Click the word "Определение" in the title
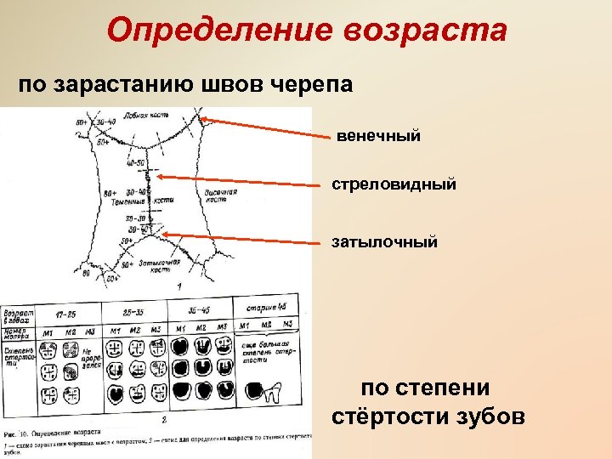[x=224, y=31]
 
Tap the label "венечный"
[x=378, y=136]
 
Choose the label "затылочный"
[x=385, y=242]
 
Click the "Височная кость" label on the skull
[x=220, y=196]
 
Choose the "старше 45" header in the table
[x=266, y=307]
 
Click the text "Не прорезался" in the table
[x=91, y=359]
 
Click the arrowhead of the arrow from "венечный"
[x=203, y=121]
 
